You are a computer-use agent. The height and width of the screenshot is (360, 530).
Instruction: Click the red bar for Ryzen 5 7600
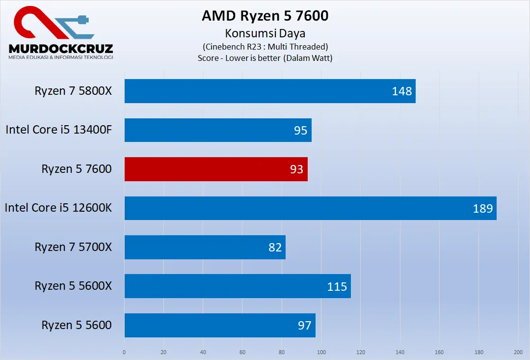(216, 169)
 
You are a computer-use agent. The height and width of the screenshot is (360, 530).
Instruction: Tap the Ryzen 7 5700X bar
(205, 247)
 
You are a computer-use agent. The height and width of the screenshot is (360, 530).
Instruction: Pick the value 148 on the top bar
(402, 91)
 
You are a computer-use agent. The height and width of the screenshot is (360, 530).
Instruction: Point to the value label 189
(482, 209)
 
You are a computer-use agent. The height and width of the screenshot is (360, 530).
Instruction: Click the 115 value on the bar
(337, 286)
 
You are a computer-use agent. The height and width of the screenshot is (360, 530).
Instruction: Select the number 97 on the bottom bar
(305, 325)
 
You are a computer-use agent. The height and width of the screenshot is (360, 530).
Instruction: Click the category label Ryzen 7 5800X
(73, 91)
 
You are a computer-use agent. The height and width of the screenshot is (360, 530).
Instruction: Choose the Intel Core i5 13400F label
(59, 130)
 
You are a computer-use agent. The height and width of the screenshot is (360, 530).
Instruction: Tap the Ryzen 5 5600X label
(73, 286)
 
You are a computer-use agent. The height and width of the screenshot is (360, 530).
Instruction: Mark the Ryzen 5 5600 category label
(77, 325)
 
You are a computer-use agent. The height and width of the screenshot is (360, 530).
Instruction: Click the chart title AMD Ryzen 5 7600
(265, 16)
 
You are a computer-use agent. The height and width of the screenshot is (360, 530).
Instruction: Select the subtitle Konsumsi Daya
(265, 33)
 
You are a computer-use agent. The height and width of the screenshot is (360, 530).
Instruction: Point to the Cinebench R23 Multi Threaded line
(265, 47)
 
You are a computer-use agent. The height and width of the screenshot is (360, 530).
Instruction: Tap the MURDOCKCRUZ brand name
(61, 49)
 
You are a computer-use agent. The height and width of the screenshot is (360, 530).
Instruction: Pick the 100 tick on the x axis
(321, 352)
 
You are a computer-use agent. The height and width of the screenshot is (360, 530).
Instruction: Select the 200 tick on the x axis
(518, 352)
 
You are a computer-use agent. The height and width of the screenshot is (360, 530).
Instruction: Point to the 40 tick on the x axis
(203, 352)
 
